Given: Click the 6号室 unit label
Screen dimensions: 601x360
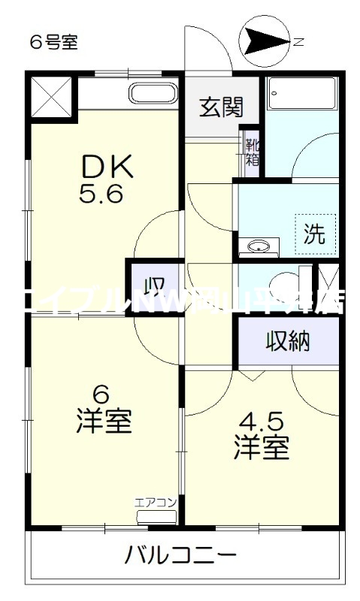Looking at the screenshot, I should click(x=53, y=42).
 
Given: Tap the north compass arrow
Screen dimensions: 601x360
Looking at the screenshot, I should click(x=264, y=41).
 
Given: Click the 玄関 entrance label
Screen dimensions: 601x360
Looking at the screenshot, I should click(x=221, y=108).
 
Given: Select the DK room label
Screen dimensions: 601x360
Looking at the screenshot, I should click(x=107, y=165).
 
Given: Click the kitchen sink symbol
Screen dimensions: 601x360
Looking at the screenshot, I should click(x=153, y=95).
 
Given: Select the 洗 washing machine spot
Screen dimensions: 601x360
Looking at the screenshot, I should click(x=314, y=234).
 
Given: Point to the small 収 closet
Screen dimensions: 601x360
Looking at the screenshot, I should click(x=154, y=287).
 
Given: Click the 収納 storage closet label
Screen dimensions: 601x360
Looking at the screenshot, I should click(x=287, y=342).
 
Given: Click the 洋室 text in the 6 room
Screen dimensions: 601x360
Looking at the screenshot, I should click(x=103, y=421).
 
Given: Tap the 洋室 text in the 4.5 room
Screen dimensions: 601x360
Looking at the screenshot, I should click(x=261, y=448).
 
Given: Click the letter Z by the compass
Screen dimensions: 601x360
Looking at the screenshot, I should click(x=298, y=42).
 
